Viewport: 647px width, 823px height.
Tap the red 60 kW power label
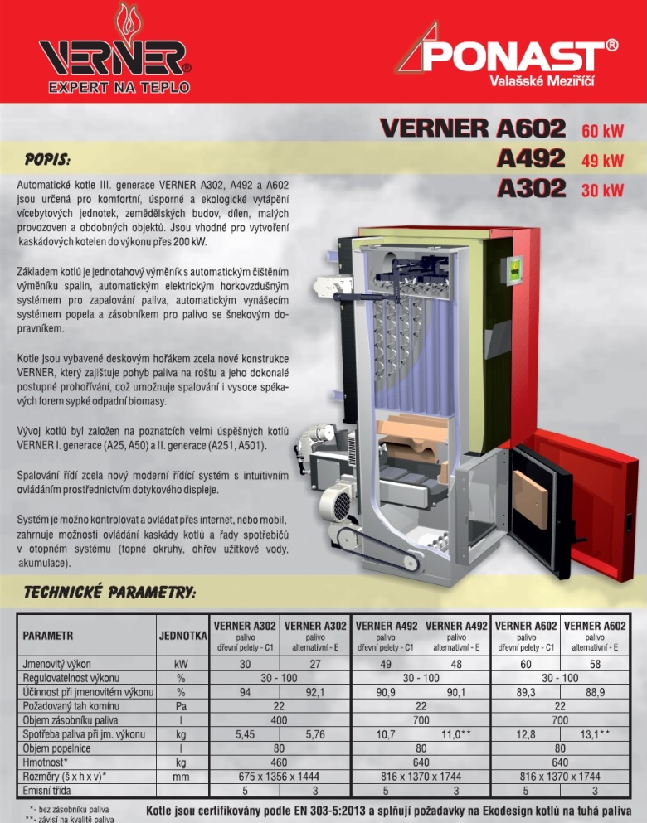click(x=602, y=131)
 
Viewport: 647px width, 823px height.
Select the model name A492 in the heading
click(x=531, y=158)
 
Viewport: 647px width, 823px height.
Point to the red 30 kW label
click(x=602, y=190)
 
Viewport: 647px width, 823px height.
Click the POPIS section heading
click(x=47, y=157)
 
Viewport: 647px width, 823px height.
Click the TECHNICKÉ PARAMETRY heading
click(x=109, y=593)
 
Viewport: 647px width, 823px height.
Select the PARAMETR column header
click(x=49, y=636)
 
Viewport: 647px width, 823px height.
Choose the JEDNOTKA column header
click(x=182, y=636)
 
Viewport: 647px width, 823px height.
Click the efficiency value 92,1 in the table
click(x=315, y=691)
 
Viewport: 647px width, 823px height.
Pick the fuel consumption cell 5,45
click(x=246, y=734)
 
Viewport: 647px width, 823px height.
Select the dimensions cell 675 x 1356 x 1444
click(x=280, y=777)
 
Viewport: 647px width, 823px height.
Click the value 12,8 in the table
click(x=526, y=734)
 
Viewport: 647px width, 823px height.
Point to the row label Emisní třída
click(x=51, y=791)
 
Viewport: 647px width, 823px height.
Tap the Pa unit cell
click(x=181, y=705)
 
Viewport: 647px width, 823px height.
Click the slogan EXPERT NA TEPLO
click(x=119, y=87)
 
